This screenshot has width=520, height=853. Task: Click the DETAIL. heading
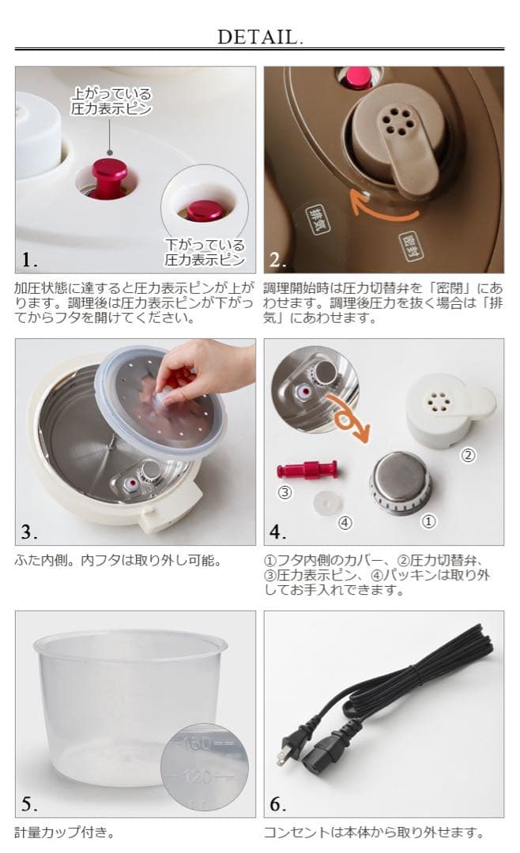260,37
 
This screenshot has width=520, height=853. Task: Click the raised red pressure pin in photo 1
109,178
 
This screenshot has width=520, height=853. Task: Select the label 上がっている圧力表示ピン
111,101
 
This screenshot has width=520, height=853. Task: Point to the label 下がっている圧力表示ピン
205,252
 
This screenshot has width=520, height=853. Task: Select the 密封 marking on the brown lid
413,246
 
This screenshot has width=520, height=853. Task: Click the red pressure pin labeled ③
307,469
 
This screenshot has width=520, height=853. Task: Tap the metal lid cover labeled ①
400,483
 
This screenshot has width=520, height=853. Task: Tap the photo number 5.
29,803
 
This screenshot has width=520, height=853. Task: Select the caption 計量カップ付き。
65,832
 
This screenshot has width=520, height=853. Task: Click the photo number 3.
29,532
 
